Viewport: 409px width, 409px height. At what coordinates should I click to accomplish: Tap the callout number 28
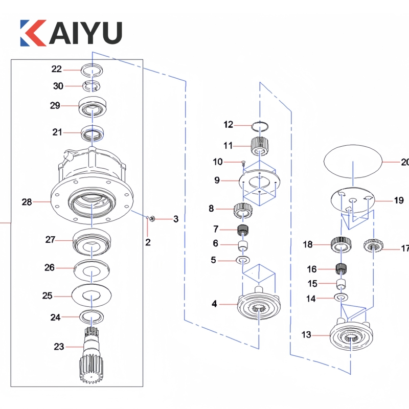tap(27, 202)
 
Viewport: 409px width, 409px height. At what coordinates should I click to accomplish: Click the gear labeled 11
tap(260, 146)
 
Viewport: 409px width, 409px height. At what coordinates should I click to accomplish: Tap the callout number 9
tap(217, 180)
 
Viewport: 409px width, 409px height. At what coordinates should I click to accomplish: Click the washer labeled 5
tap(243, 260)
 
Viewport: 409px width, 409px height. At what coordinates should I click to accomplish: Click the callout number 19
tap(399, 200)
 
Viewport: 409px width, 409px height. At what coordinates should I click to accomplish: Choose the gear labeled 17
tap(373, 247)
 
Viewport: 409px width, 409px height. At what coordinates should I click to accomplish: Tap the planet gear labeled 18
tap(339, 244)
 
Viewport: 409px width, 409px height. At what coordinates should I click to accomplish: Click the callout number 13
tap(306, 335)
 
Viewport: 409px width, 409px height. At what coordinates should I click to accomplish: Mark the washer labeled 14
tap(341, 298)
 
